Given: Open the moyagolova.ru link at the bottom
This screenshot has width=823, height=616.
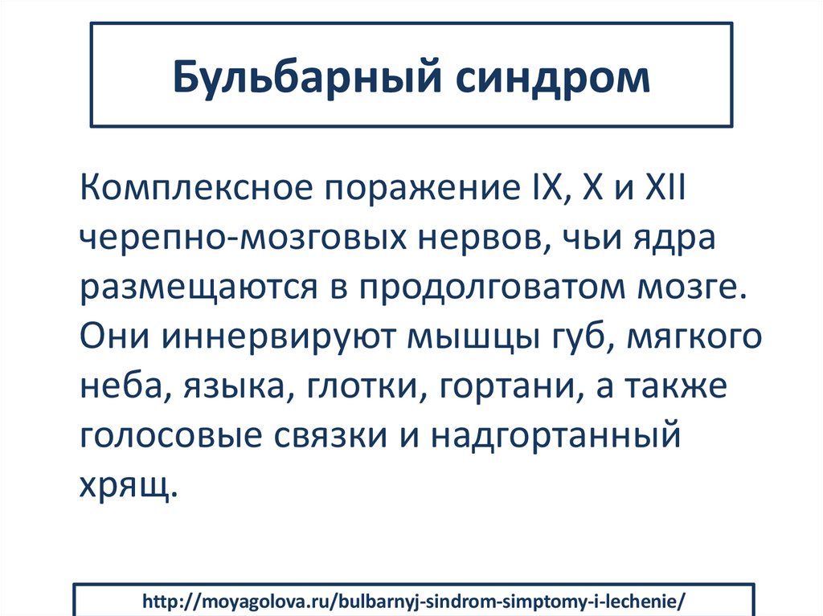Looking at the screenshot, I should pyautogui.click(x=414, y=602).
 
